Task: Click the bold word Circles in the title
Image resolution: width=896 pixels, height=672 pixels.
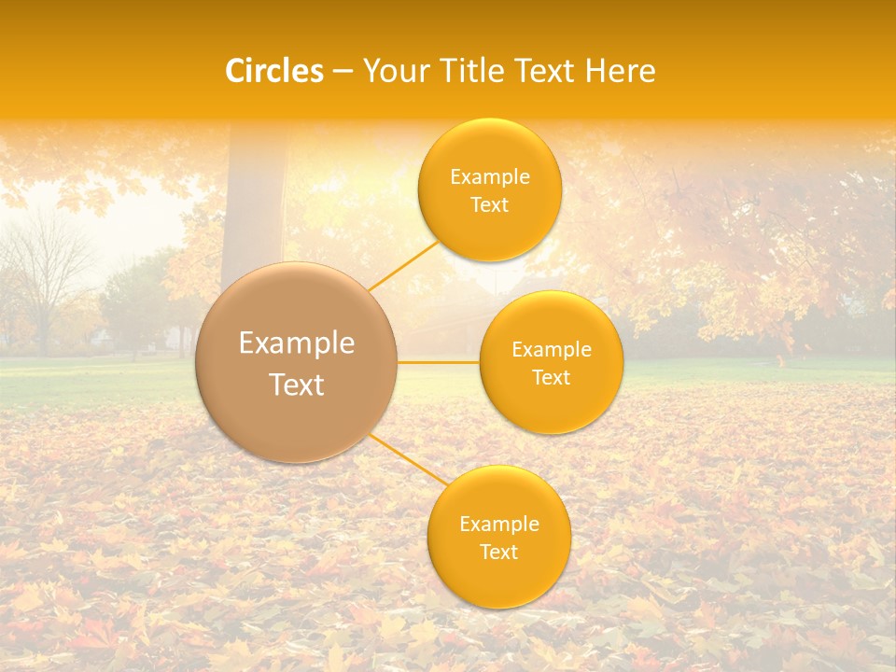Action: tap(274, 71)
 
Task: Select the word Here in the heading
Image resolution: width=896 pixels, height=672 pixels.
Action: tap(622, 71)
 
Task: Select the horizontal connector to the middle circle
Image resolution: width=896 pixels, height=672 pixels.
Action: tap(439, 361)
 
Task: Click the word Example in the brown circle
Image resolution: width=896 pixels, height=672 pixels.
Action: tap(297, 343)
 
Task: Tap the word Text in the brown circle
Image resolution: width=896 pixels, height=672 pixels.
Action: tap(297, 385)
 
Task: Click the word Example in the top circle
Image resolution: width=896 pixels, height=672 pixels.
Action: tap(489, 177)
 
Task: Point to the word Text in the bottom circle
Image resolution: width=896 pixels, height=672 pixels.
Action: tap(498, 552)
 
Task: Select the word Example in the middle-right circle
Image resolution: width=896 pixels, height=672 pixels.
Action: tap(552, 350)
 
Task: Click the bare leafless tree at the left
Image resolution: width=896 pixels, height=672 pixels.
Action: tap(42, 271)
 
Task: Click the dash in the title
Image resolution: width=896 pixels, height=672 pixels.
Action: tap(343, 71)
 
